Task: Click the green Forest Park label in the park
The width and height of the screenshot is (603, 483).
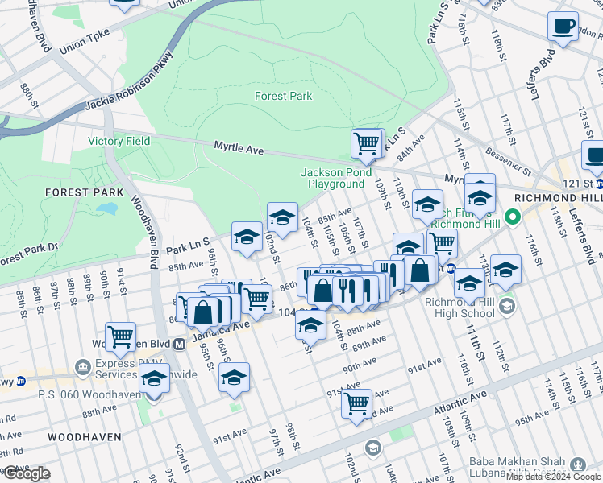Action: coord(283,96)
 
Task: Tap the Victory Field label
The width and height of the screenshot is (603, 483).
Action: coord(119,141)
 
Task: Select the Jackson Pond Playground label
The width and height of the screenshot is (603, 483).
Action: coord(336,178)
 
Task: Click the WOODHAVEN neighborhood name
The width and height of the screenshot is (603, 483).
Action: coord(84,436)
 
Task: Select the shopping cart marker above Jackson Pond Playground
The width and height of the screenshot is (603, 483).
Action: coord(367,144)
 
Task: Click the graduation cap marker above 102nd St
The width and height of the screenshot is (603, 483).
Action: coord(282,217)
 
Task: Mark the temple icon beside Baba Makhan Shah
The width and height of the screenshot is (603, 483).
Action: coord(577,464)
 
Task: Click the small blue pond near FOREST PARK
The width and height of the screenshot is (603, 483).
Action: coord(106,209)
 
